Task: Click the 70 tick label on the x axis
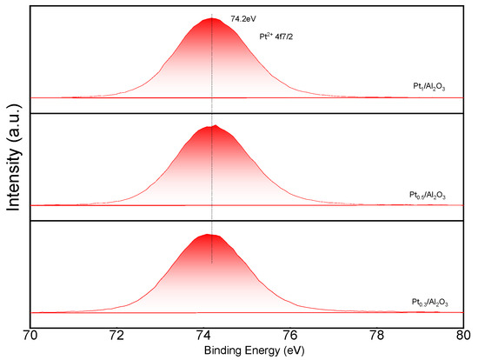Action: pos(30,336)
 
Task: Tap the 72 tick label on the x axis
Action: pos(116,336)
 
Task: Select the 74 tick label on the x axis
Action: pos(203,336)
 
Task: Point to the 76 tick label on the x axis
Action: pos(290,336)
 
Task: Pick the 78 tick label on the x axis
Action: pos(377,336)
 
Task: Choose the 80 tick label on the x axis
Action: pos(463,336)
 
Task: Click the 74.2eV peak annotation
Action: pos(243,19)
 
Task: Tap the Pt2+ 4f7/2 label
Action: pos(276,37)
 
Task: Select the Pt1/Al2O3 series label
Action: pos(429,87)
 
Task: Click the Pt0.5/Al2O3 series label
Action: pos(428,195)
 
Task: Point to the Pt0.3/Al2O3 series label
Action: pos(430,303)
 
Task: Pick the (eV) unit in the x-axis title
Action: pos(294,350)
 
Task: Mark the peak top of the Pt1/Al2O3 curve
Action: pos(212,18)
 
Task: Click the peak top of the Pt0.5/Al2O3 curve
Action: pos(216,125)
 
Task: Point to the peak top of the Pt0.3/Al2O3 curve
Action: pos(208,234)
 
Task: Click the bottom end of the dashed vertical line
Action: pos(212,263)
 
